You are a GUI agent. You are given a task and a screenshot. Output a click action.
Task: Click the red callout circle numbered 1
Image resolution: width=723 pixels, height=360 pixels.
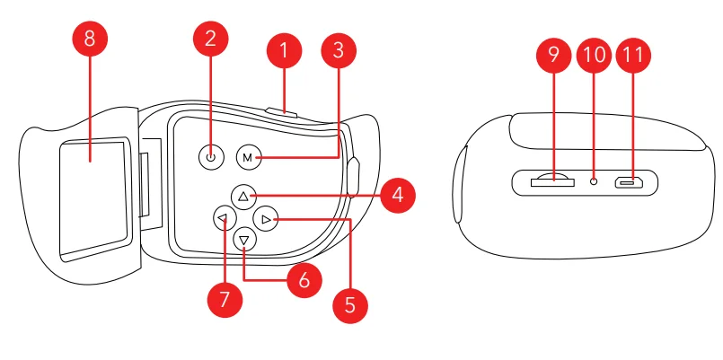pos(284,52)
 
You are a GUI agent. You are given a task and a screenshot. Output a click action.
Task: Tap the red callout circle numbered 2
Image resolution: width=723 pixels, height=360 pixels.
pos(210,39)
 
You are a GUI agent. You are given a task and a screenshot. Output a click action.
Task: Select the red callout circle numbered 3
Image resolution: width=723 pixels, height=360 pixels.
pos(338,51)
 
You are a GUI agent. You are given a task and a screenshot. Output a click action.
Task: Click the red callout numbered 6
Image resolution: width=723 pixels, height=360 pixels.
pos(304,280)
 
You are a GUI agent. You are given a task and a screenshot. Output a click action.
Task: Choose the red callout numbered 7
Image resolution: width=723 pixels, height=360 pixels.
pos(225,298)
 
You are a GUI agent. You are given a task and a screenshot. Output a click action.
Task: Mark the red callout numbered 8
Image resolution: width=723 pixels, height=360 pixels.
pos(90,39)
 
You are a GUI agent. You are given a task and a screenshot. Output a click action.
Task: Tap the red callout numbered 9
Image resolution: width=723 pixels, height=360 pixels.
pos(553,56)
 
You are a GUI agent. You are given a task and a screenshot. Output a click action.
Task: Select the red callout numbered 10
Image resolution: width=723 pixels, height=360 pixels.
pos(594,56)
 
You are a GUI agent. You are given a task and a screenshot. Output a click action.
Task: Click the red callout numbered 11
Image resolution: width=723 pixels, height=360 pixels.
pos(633,56)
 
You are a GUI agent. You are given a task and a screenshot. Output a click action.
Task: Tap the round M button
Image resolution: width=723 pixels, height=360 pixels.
pos(249,157)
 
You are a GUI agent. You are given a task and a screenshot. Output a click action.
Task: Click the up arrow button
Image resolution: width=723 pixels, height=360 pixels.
pos(242,195)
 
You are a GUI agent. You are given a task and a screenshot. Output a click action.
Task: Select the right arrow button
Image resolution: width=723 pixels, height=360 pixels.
pos(265,218)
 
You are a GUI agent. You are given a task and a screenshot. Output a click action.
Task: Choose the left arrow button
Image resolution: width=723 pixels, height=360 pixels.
pos(222,218)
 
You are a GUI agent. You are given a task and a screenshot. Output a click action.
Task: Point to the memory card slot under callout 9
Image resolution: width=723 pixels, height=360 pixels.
pos(552,181)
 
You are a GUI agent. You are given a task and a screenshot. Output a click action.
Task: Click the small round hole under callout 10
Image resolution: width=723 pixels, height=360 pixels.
pos(594,181)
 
